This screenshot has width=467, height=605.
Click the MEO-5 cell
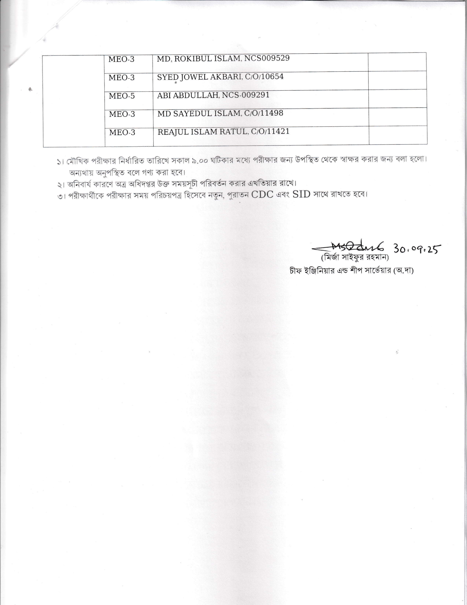click(x=122, y=96)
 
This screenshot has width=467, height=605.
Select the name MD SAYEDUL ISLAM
click(x=199, y=114)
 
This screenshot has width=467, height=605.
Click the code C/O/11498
click(x=264, y=113)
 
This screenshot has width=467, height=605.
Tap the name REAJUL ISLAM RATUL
click(x=202, y=132)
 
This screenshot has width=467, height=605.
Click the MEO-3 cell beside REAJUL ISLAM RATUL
click(x=122, y=132)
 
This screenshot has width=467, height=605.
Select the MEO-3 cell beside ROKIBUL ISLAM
click(x=121, y=59)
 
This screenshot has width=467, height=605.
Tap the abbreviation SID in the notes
click(x=301, y=194)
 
